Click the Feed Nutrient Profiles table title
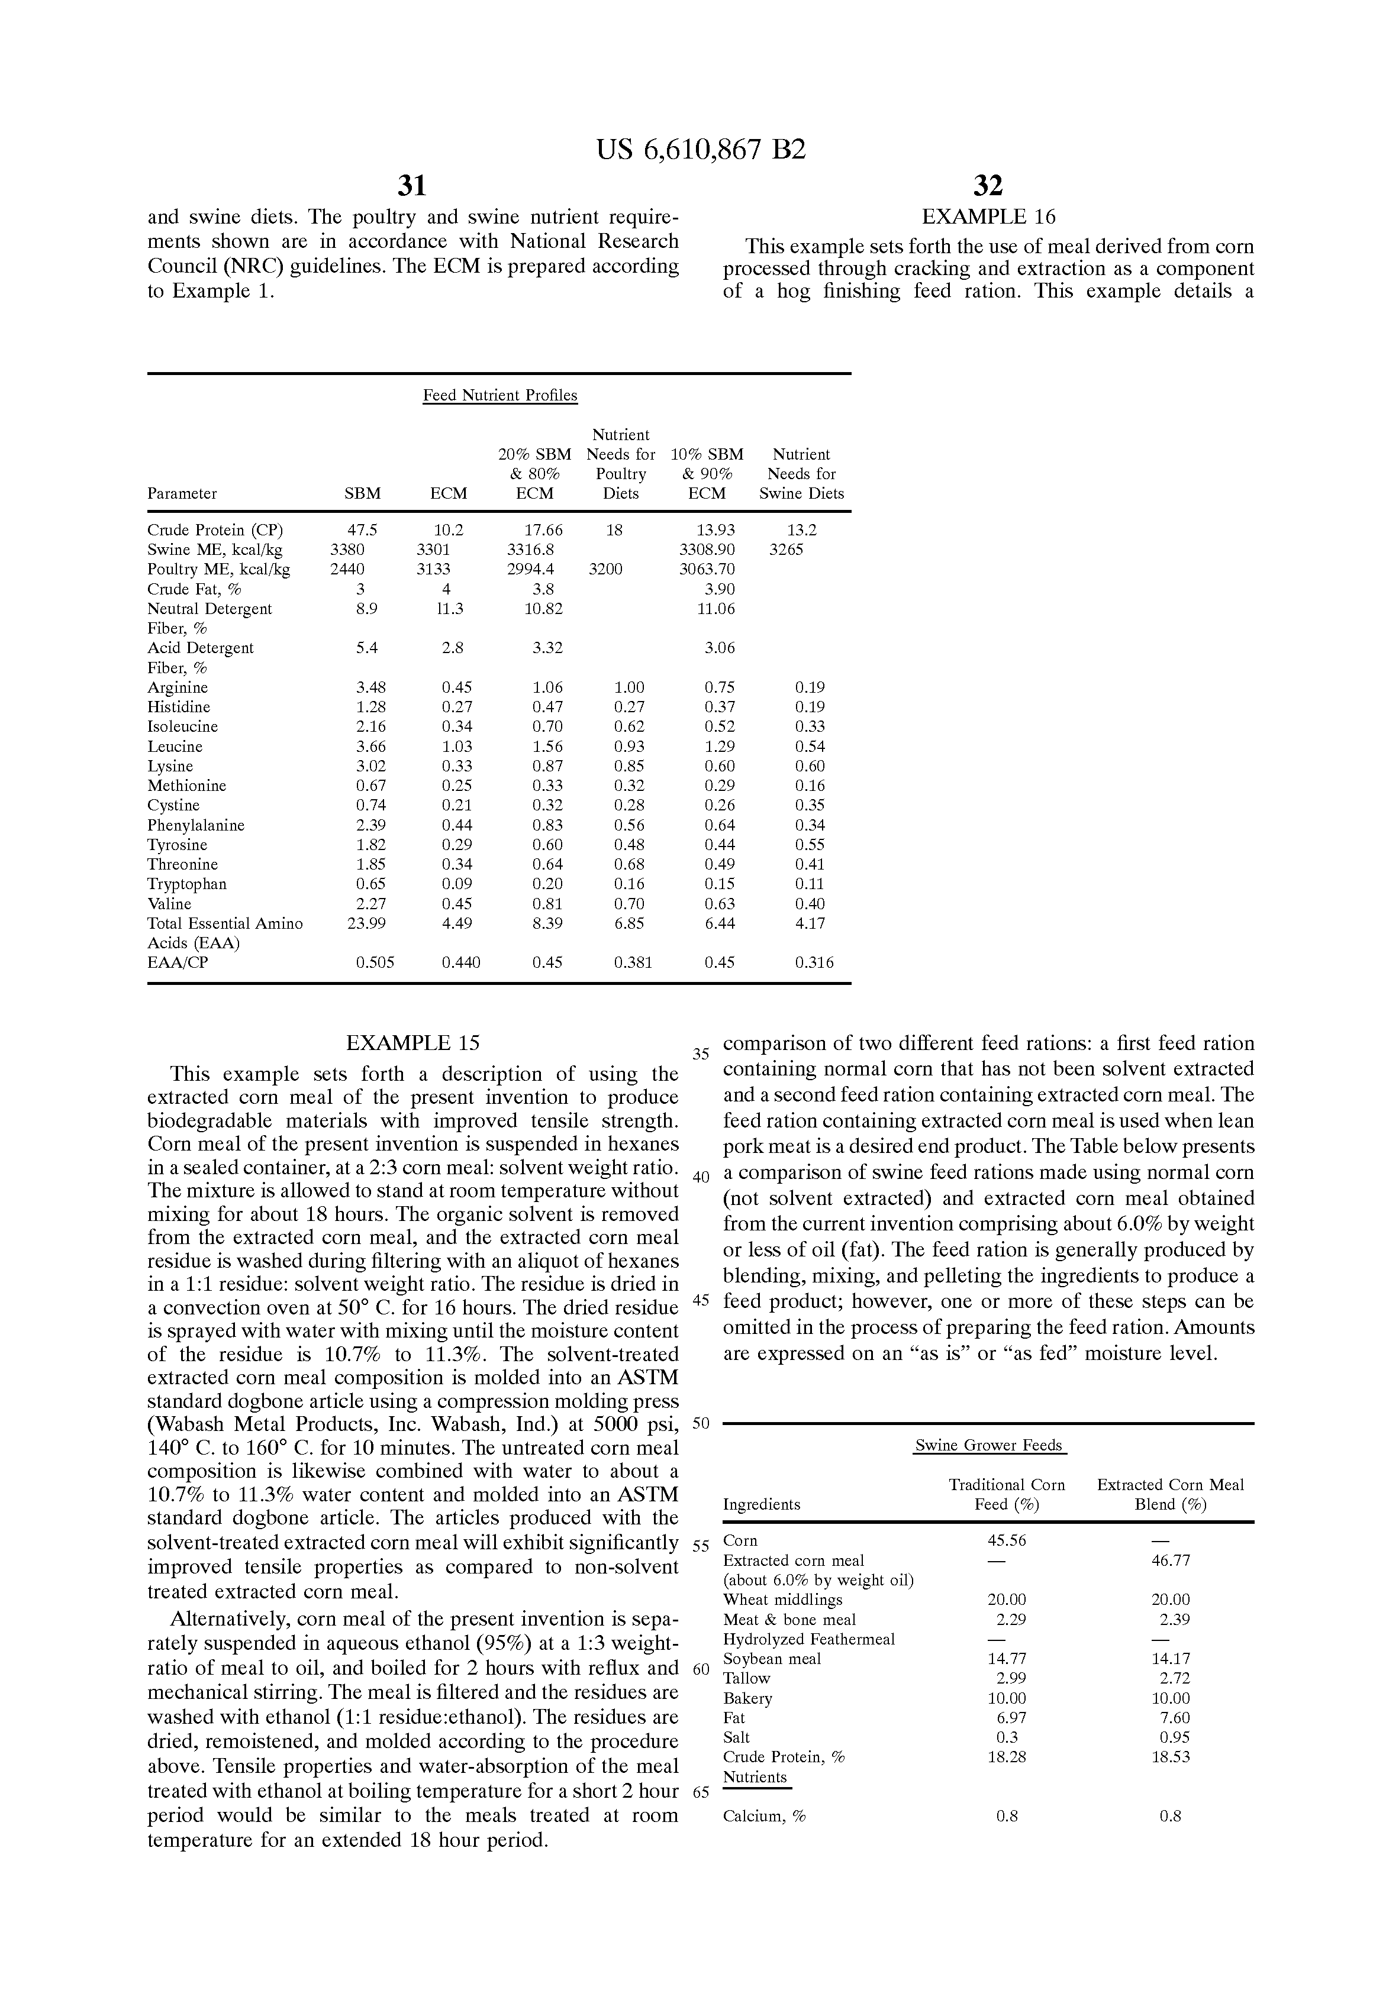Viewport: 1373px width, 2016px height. tap(500, 396)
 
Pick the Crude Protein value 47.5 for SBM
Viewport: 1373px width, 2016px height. tap(362, 530)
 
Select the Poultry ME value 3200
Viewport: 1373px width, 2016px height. tap(605, 570)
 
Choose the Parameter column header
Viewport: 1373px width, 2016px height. tap(182, 493)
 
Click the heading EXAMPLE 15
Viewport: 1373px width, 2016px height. tap(412, 1043)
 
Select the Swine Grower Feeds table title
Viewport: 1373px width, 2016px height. tap(988, 1445)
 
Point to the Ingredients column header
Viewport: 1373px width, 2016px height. tap(761, 1504)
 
